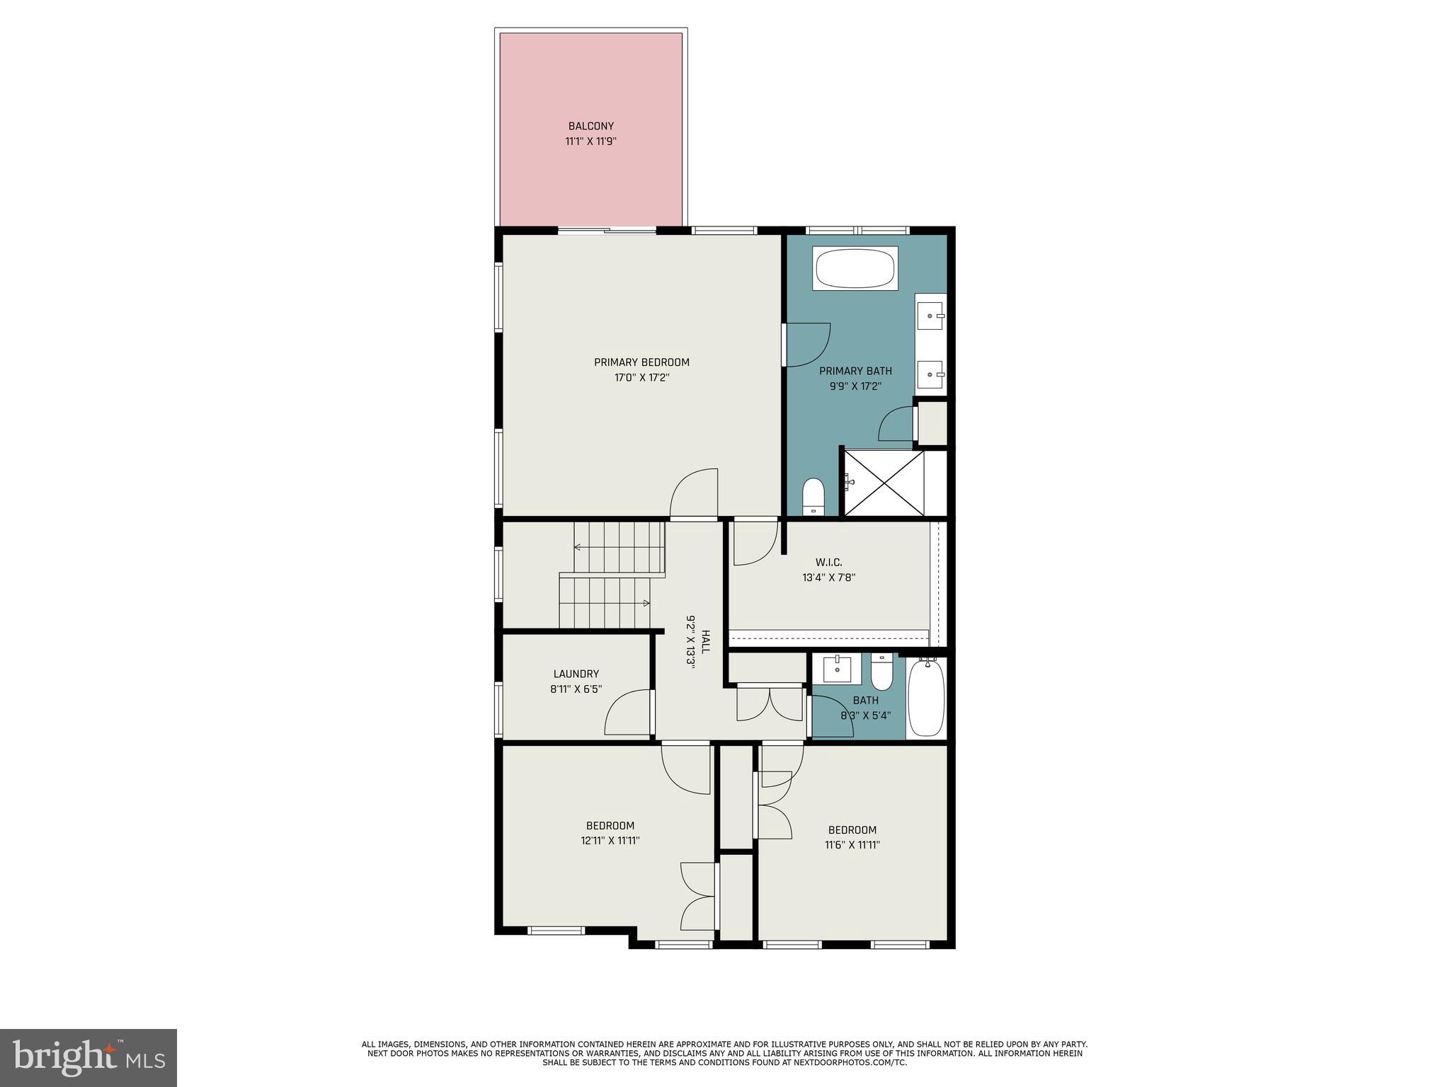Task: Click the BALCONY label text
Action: [x=590, y=126]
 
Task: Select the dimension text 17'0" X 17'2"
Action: [x=641, y=378]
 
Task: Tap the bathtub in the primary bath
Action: [x=855, y=268]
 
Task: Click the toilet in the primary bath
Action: [x=814, y=496]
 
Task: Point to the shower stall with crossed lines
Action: [x=884, y=483]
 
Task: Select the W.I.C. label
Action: [x=828, y=562]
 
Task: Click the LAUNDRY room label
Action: [x=576, y=674]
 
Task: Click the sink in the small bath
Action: [x=836, y=669]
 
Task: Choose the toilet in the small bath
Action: [x=882, y=672]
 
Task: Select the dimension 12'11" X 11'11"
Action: [x=610, y=841]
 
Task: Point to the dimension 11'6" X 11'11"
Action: [x=852, y=845]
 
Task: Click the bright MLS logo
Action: [x=89, y=1058]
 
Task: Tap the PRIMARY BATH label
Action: [x=855, y=371]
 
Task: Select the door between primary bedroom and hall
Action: [x=695, y=495]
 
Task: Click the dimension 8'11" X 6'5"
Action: [x=576, y=689]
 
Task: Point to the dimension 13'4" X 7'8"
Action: [x=828, y=577]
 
